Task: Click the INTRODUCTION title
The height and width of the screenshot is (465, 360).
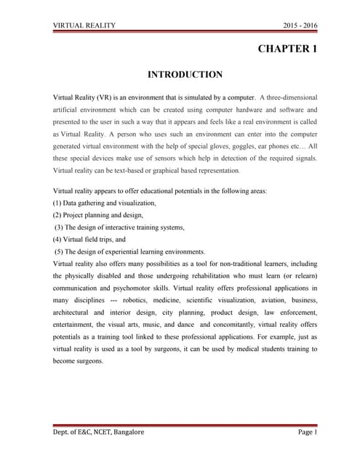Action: pyautogui.click(x=185, y=74)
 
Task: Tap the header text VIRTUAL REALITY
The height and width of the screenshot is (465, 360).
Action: pyautogui.click(x=84, y=25)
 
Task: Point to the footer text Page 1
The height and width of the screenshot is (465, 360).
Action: pyautogui.click(x=305, y=432)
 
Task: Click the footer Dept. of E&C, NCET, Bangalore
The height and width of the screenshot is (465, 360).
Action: pyautogui.click(x=99, y=432)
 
